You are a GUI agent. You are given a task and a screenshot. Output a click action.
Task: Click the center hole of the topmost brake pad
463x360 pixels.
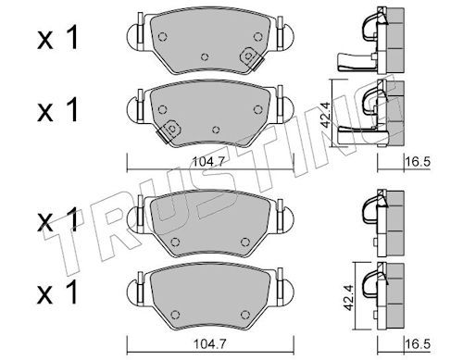(205, 57)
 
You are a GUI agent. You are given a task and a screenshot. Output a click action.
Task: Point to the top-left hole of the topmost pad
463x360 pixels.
(162, 37)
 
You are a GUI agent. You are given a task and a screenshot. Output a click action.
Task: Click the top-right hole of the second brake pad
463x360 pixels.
(257, 109)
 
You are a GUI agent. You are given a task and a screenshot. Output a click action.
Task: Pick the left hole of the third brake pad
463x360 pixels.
(175, 242)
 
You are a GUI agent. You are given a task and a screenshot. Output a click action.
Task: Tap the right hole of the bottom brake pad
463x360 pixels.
(245, 315)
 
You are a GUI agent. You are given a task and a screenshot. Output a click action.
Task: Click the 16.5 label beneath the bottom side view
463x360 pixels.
(417, 343)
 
